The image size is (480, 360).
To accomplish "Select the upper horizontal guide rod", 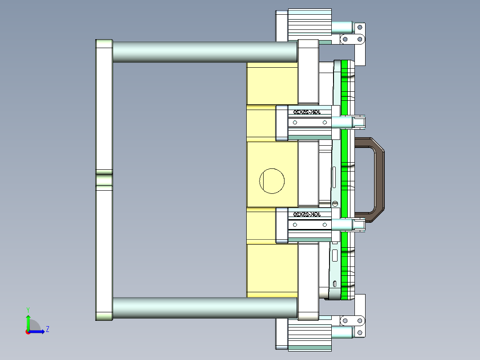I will [x=205, y=52].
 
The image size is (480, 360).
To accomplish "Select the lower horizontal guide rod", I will [x=205, y=308].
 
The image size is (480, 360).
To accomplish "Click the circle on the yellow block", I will [x=272, y=181].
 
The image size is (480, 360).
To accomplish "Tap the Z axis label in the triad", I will [x=48, y=329].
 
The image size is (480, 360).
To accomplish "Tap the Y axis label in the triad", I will [x=28, y=309].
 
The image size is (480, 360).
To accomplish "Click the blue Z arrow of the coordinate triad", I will [x=38, y=331].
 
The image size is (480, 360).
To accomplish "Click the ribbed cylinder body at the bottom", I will [x=309, y=337].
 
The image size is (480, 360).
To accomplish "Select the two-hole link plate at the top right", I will [x=352, y=39].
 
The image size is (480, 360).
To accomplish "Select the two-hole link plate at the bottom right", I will [x=352, y=320].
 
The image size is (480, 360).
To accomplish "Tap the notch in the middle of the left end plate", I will [x=104, y=180].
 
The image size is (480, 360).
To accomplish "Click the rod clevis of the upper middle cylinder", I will [x=359, y=122].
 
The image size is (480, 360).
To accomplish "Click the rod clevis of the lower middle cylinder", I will [x=359, y=225].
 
